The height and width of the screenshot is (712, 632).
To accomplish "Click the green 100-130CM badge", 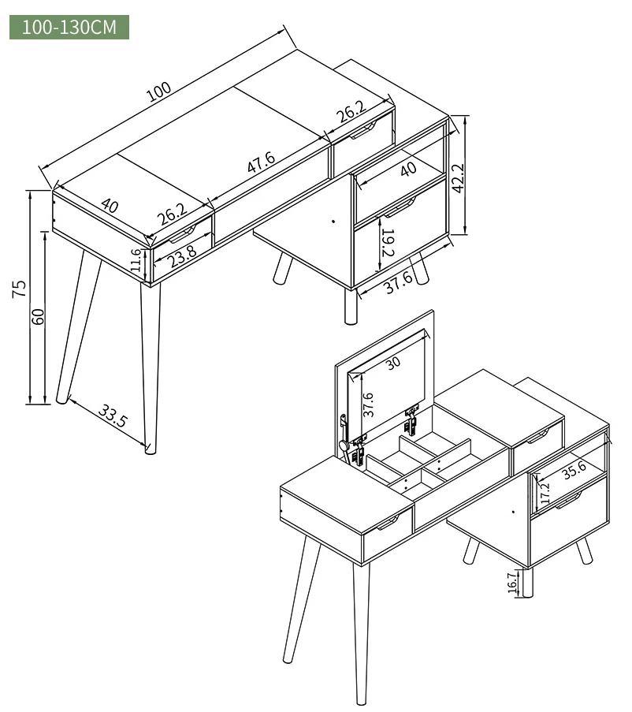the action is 69,28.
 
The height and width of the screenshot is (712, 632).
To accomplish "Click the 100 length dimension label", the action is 159,91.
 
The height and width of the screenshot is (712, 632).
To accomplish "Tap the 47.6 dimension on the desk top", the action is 262,162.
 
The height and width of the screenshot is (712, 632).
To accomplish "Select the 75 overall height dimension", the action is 19,289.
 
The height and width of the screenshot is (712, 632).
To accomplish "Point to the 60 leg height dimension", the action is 38,316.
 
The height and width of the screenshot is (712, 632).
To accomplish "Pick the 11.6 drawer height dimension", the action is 136,260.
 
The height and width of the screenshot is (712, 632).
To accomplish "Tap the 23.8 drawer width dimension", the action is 181,257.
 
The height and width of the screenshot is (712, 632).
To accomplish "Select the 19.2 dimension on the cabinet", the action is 388,242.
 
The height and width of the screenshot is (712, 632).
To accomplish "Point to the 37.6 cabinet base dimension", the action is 398,282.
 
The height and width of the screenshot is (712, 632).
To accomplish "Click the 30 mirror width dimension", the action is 393,362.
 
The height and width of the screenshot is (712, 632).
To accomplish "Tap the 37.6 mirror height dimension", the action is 368,404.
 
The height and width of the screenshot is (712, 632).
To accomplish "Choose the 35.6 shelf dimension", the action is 574,471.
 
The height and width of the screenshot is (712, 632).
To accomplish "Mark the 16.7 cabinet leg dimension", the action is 512,582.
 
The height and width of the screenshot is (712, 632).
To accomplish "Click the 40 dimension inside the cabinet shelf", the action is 408,169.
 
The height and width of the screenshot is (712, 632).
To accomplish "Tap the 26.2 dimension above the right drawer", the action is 351,111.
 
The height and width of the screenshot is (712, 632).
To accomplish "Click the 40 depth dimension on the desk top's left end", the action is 110,206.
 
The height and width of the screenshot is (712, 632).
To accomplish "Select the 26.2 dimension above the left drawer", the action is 173,214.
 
